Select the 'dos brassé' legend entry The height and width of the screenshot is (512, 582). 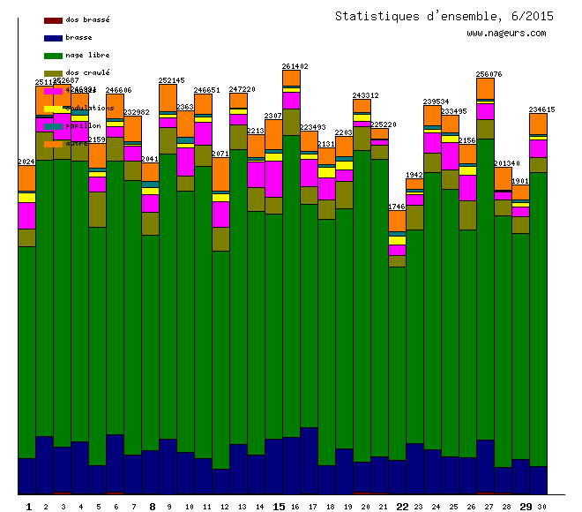(x=87, y=19)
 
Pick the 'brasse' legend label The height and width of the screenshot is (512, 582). (x=78, y=37)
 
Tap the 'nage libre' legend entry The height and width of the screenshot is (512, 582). (x=87, y=55)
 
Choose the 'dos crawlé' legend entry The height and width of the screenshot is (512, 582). (x=87, y=72)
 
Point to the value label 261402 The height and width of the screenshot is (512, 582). (x=295, y=66)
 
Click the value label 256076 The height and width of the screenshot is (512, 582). (x=489, y=74)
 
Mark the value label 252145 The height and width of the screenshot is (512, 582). (x=171, y=80)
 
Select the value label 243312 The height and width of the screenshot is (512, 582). (x=365, y=95)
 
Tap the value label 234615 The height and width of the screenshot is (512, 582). (x=541, y=109)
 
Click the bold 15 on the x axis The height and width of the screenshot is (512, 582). (x=278, y=506)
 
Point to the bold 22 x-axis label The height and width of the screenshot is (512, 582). (x=402, y=506)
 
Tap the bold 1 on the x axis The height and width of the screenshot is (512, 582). (x=29, y=506)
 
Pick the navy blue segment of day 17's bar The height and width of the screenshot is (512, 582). (x=309, y=460)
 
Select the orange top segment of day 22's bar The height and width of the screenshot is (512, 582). (x=397, y=222)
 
